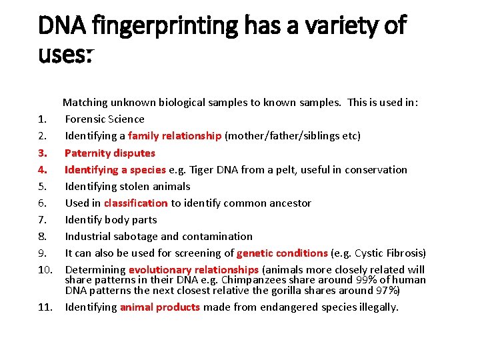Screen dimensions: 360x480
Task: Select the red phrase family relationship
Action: click(175, 136)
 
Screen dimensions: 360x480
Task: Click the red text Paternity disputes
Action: click(110, 153)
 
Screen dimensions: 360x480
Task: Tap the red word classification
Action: click(136, 203)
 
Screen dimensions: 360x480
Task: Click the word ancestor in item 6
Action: click(290, 203)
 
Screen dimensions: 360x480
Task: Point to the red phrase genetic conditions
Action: click(282, 253)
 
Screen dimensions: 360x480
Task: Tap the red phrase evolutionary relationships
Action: click(193, 270)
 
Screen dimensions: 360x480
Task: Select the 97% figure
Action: click(385, 291)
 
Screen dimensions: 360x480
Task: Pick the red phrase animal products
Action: click(160, 307)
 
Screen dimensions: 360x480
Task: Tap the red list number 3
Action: click(42, 153)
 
